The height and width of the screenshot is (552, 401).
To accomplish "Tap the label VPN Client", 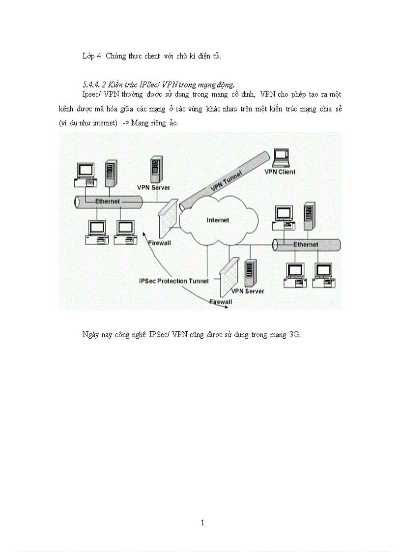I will (x=280, y=172).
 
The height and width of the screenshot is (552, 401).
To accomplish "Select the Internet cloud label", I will (x=218, y=220).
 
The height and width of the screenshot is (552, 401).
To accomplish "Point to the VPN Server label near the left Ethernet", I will (x=153, y=188).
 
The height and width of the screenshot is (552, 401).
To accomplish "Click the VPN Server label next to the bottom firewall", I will (x=247, y=291).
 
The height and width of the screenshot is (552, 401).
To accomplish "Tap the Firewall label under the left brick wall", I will (x=159, y=243).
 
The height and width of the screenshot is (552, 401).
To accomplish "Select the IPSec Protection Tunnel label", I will (x=174, y=281).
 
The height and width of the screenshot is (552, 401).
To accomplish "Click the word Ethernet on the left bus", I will (x=108, y=201).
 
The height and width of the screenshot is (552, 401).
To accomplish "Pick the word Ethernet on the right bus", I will (x=306, y=244).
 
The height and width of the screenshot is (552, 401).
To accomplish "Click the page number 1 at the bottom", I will (x=202, y=523).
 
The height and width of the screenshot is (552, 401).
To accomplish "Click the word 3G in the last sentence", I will (x=294, y=335).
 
